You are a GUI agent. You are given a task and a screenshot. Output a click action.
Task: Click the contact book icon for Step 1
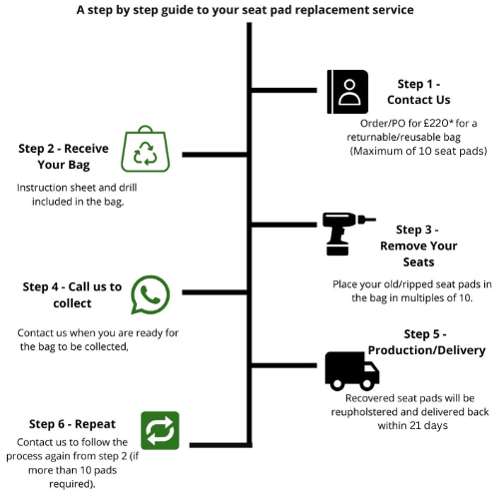coord(347,92)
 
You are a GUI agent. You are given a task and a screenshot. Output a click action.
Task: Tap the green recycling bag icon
coord(146,149)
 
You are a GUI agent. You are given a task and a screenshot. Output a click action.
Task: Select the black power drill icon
coord(346,234)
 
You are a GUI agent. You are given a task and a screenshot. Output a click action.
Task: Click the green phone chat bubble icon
coord(151,294)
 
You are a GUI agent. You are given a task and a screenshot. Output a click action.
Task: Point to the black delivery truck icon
coord(352,371)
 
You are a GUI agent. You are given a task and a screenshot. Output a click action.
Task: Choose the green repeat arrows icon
coord(160,430)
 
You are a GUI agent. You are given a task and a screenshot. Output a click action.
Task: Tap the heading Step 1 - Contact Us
coord(419,92)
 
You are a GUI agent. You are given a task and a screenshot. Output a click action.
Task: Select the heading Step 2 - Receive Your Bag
coord(64,157)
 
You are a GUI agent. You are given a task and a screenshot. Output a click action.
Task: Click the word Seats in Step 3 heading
coord(419,262)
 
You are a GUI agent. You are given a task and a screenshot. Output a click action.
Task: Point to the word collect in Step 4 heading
coord(72,303)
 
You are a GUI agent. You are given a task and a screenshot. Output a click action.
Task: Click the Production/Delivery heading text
coord(427,350)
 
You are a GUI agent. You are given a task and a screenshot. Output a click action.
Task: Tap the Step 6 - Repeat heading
coord(72,424)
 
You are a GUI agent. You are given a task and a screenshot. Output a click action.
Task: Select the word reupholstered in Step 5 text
coord(365,412)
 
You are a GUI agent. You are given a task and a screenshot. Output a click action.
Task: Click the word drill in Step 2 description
coord(128,188)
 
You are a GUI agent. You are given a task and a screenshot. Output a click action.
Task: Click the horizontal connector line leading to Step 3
coord(283,225)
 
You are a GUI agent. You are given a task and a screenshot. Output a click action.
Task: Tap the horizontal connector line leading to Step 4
coord(216,292)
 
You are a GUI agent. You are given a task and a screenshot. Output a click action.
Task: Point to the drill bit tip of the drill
coord(375,220)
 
